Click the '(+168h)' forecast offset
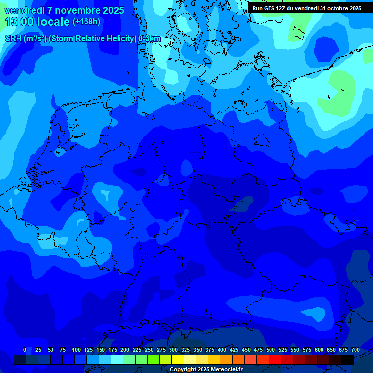(86, 22)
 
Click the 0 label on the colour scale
(25, 350)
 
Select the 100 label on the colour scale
(76, 350)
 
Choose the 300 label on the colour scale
(173, 350)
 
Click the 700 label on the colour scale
(356, 350)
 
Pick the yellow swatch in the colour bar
(178, 359)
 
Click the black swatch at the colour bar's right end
(348, 359)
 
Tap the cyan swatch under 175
(117, 359)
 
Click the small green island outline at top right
(297, 34)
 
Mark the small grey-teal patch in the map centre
(243, 204)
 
